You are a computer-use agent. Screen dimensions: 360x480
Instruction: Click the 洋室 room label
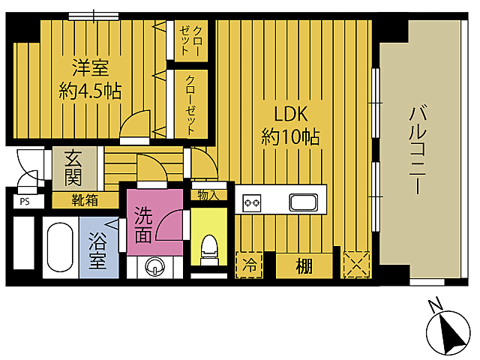click(x=90, y=68)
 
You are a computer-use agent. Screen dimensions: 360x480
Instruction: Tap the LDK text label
click(x=291, y=115)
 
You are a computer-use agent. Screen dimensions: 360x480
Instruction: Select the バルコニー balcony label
click(x=418, y=150)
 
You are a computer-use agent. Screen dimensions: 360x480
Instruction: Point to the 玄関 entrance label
click(x=73, y=169)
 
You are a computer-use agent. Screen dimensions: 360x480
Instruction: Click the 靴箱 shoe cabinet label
click(x=83, y=200)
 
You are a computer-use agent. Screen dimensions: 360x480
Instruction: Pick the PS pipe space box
click(x=25, y=201)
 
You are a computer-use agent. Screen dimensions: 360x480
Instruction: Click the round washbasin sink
click(x=154, y=265)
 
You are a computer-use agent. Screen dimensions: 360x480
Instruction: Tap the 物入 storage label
click(x=207, y=195)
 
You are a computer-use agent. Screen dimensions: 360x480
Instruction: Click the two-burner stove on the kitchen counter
click(x=251, y=201)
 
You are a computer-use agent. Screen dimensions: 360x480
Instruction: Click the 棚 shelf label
click(x=303, y=265)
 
